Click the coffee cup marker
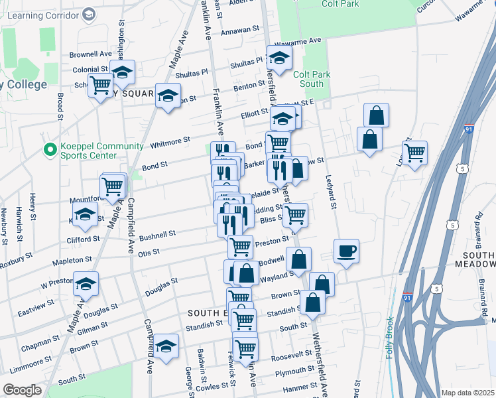point(346,251)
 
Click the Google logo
point(22,389)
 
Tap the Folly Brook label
point(391,339)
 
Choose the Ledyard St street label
point(330,190)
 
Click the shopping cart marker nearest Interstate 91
point(414,153)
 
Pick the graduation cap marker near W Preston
point(86,285)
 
